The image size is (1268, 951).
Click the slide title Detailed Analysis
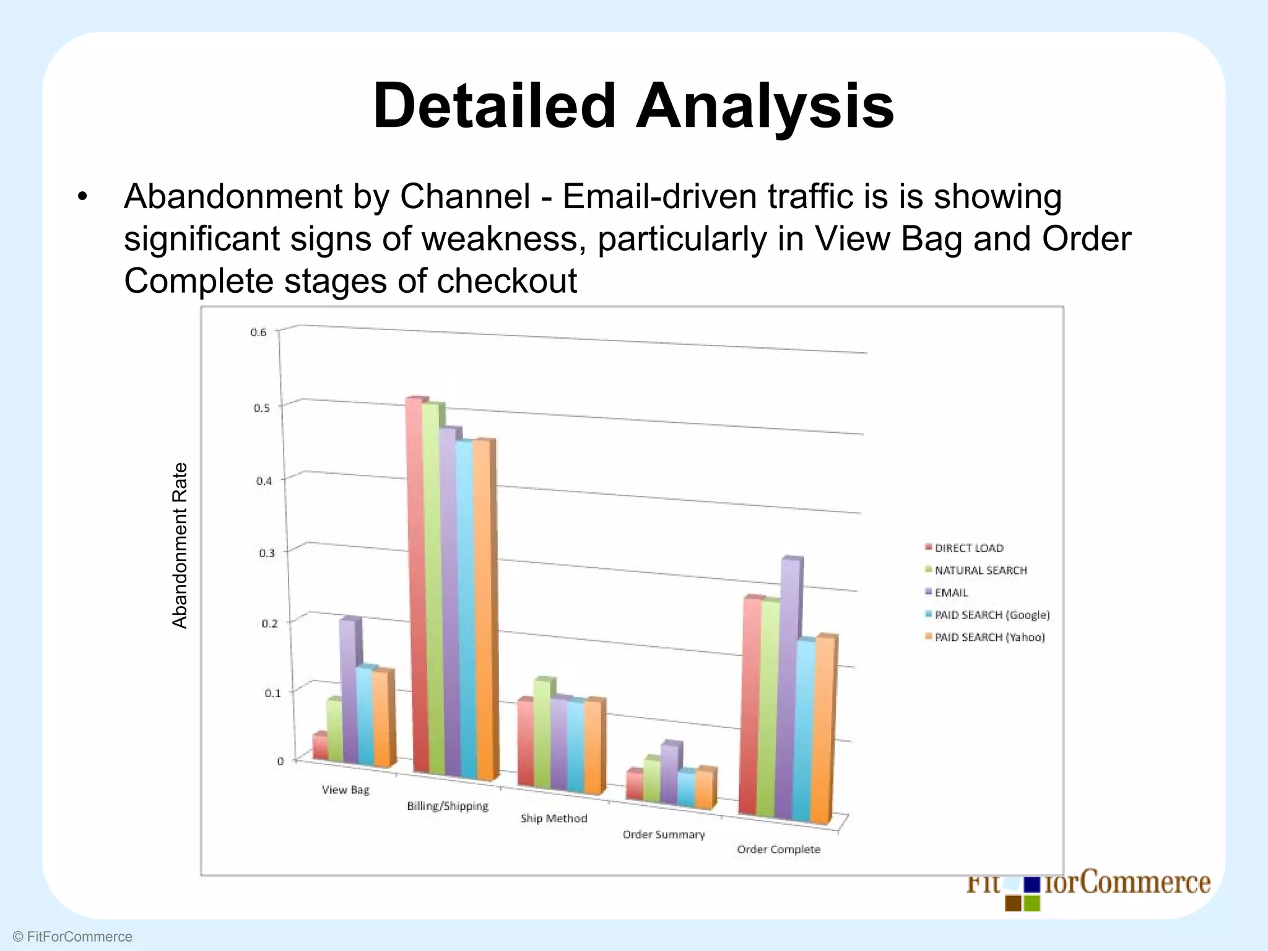coord(633,106)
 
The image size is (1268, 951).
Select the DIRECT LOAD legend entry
coord(968,548)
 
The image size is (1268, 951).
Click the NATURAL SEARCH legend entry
coord(980,570)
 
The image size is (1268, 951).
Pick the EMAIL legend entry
coord(951,593)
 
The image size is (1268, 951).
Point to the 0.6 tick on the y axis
coord(259,332)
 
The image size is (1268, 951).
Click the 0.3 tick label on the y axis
coord(267,553)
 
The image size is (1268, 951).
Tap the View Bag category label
coord(345,790)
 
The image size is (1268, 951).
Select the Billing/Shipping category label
coord(448,806)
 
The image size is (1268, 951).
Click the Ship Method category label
coord(554,819)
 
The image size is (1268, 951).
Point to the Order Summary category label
coord(664,835)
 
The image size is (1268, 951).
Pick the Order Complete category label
coord(778,849)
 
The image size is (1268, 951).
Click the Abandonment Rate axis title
coord(180,545)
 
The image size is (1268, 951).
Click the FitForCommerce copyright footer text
coord(72,937)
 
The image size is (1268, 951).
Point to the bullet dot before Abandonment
coord(82,198)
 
